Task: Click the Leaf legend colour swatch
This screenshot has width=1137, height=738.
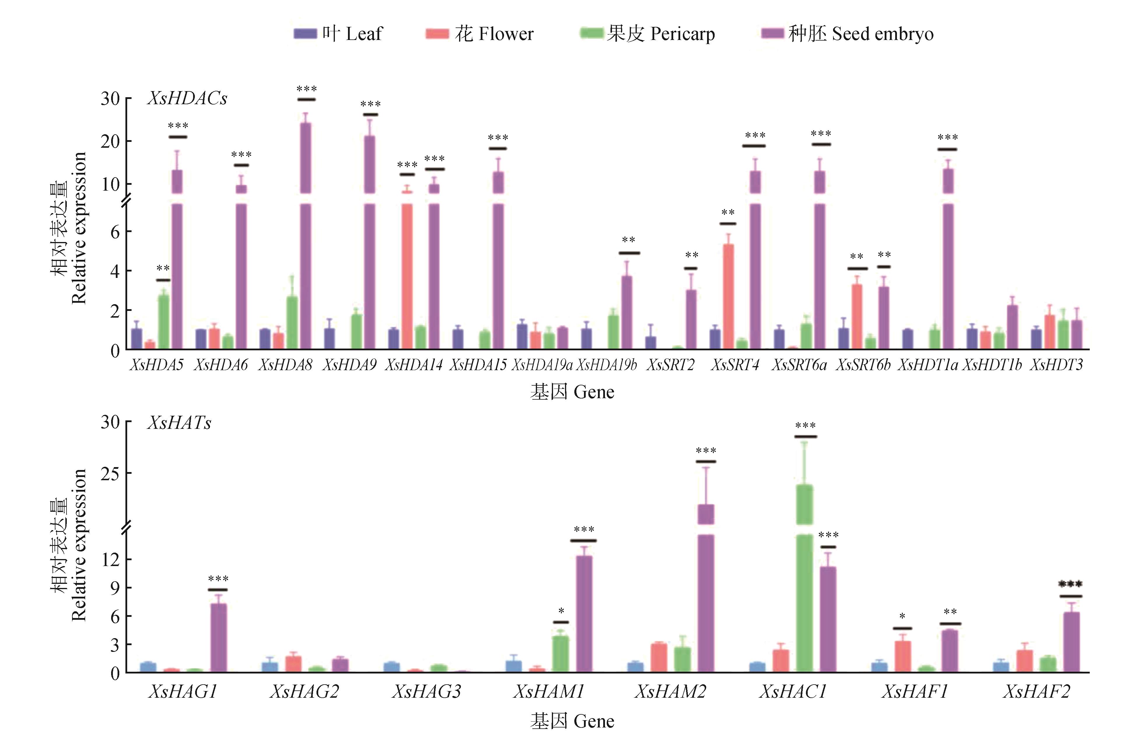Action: [x=305, y=34]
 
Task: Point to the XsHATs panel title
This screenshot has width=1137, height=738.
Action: [x=179, y=422]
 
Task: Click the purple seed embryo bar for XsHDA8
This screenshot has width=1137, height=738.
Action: [x=305, y=239]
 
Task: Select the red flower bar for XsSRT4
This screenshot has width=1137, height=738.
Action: [x=728, y=296]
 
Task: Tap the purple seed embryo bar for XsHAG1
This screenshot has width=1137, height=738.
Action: [x=218, y=638]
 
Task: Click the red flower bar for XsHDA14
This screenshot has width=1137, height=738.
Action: [x=407, y=272]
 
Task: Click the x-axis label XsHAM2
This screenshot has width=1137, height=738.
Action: [x=670, y=691]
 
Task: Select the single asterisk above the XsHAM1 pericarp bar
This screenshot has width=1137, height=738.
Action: [x=561, y=611]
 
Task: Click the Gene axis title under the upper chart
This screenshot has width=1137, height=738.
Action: [x=572, y=392]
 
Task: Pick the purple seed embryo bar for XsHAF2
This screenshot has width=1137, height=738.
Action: [x=1071, y=643]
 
